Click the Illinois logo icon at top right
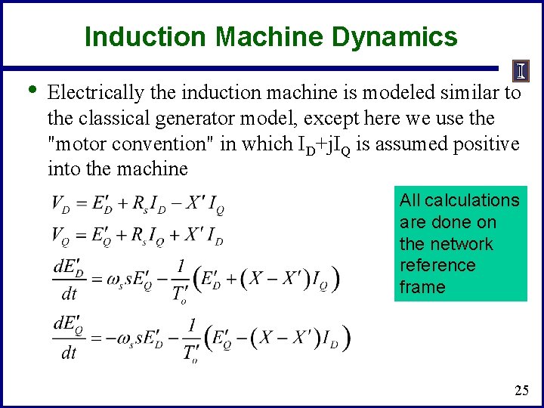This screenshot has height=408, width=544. pyautogui.click(x=522, y=71)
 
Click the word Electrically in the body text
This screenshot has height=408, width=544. pyautogui.click(x=94, y=93)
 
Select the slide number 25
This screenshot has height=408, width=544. pyautogui.click(x=521, y=390)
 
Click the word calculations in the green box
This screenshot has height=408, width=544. pyautogui.click(x=471, y=201)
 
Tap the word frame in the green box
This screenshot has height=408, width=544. pyautogui.click(x=422, y=287)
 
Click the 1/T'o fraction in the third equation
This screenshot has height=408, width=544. pyautogui.click(x=181, y=280)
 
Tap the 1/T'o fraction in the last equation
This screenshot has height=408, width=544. pyautogui.click(x=190, y=339)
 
